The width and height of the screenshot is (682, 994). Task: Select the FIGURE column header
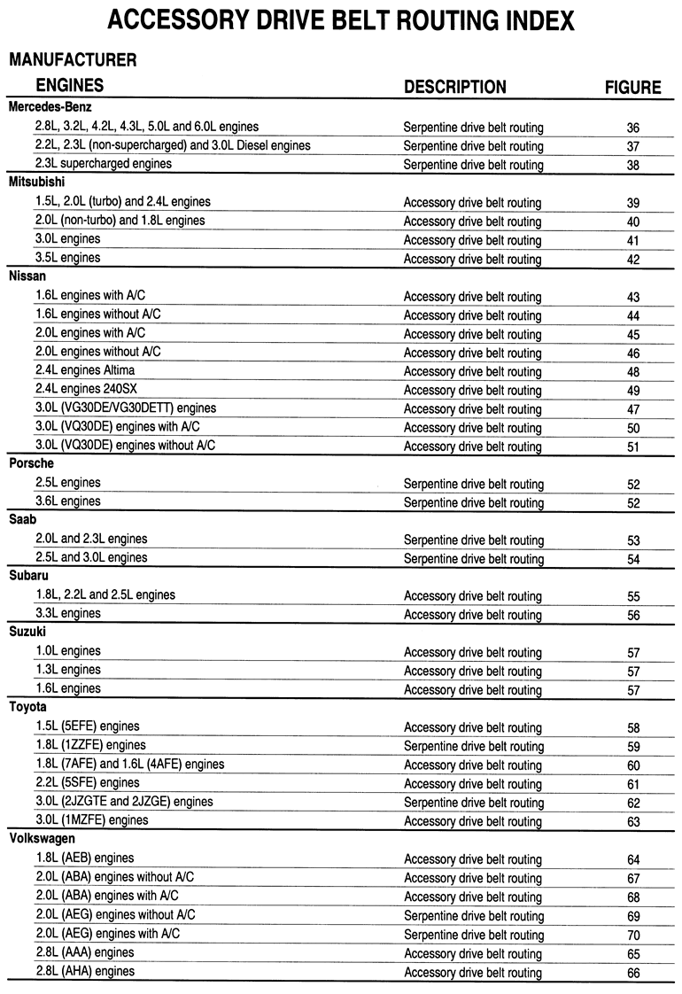point(632,87)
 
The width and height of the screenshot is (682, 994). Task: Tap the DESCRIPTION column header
point(455,87)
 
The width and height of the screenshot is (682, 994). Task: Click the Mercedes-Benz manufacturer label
point(50,107)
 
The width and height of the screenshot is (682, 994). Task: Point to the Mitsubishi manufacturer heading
point(40,182)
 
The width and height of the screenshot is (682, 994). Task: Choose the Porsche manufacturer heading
point(32,463)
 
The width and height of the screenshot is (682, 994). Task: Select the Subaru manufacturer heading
point(30,576)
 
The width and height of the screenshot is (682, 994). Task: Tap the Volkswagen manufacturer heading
point(43,838)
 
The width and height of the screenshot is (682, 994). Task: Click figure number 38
point(632,165)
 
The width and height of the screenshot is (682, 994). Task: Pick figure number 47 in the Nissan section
point(632,409)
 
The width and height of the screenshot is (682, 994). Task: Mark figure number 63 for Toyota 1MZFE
point(632,821)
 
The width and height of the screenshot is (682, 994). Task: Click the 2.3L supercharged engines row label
point(104,164)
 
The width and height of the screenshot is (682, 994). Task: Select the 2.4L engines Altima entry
point(90,370)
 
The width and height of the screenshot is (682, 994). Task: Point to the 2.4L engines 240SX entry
point(91,390)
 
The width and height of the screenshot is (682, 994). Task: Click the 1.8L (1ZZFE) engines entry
point(90,746)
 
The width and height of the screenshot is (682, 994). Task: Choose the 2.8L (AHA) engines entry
point(85,972)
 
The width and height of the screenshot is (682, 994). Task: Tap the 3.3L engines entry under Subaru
point(68,614)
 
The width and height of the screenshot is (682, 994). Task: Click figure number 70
point(632,936)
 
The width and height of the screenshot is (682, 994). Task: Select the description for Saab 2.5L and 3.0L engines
point(473,559)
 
